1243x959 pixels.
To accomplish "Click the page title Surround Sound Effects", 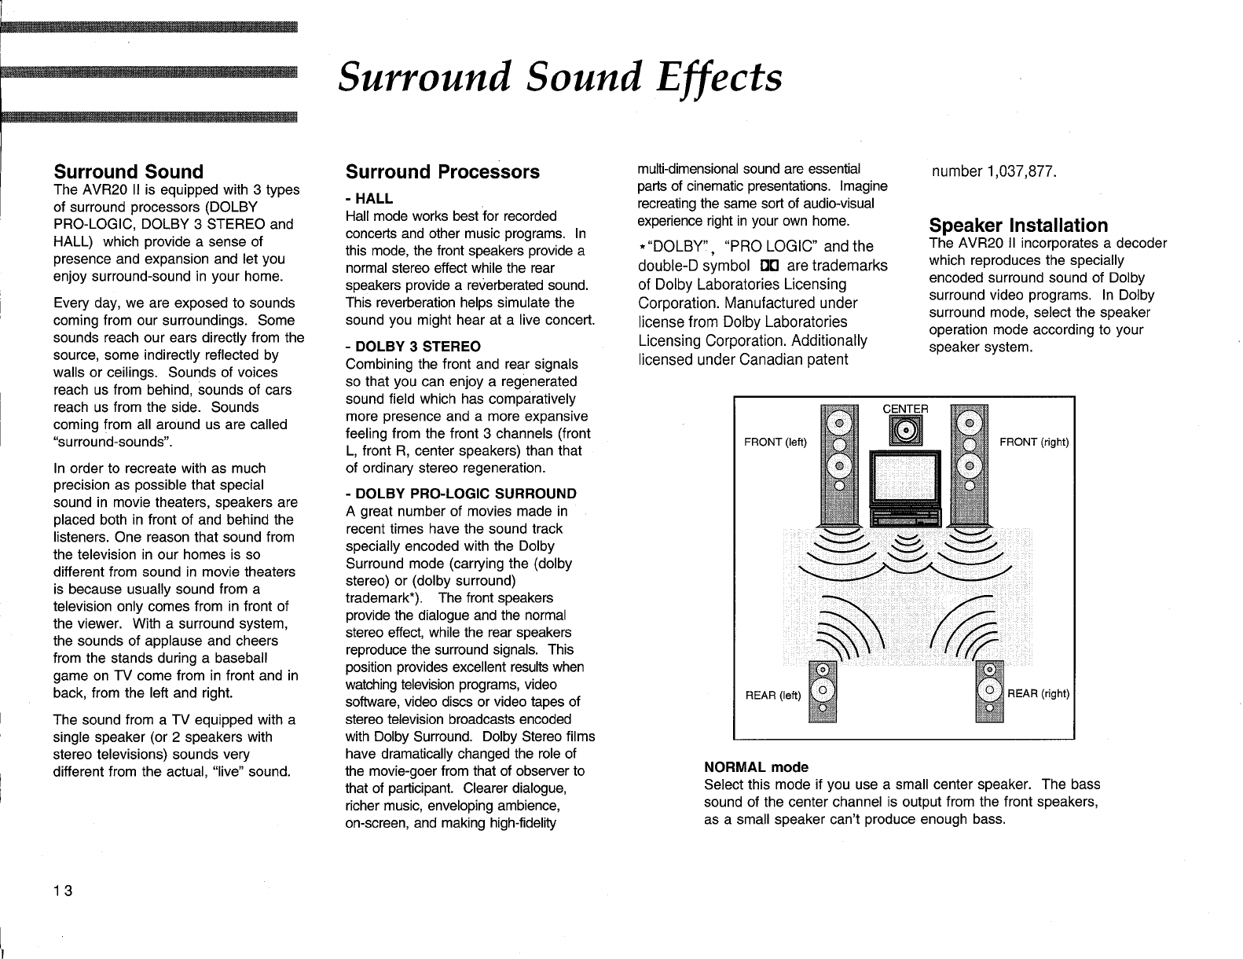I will click(x=559, y=79).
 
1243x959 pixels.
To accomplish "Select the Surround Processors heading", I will click(x=442, y=172).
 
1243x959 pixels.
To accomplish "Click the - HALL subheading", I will click(x=369, y=198).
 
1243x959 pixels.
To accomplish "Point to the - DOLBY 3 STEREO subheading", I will click(x=413, y=347).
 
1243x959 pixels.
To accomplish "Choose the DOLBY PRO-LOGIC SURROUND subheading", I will click(x=461, y=494).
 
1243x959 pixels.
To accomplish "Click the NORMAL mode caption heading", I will click(x=756, y=766).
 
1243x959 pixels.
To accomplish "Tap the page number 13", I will click(x=63, y=891).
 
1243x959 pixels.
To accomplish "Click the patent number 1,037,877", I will click(x=993, y=172).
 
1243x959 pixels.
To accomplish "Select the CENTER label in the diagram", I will click(x=906, y=409).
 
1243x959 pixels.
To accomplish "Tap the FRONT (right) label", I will click(x=1034, y=442).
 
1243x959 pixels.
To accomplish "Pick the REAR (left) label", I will click(x=772, y=694).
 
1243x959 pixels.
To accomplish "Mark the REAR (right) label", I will click(x=1038, y=693).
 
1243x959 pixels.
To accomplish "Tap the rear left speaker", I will click(x=822, y=690).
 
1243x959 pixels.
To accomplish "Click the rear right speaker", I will click(x=989, y=690).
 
